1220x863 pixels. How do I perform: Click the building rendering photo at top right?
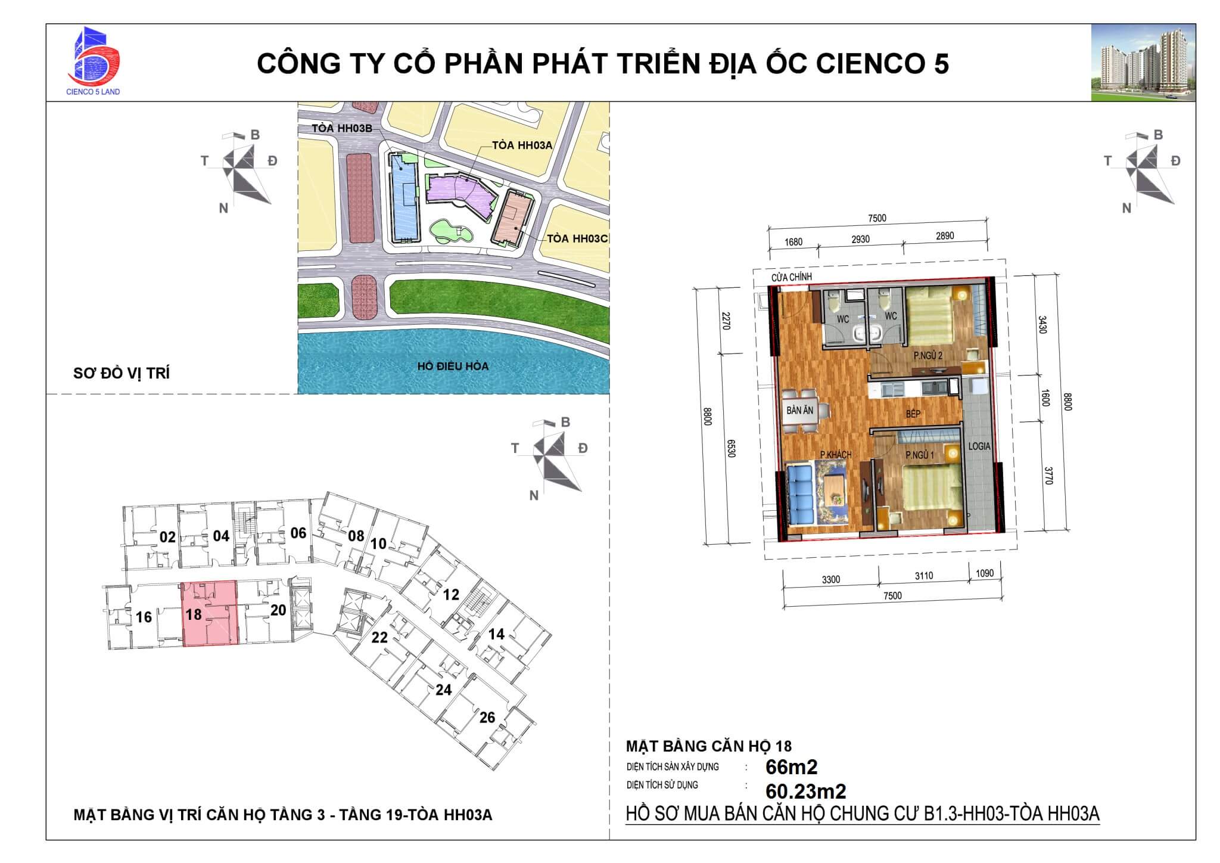point(1143,63)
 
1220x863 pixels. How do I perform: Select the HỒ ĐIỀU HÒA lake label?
point(453,366)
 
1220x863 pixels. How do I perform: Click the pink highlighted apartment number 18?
point(194,613)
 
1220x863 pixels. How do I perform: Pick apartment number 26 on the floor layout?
point(487,717)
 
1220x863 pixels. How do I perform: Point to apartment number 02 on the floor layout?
point(167,537)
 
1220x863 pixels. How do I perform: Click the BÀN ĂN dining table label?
point(799,411)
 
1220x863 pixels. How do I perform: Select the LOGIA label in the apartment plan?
point(979,446)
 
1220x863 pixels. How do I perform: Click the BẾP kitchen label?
point(913,414)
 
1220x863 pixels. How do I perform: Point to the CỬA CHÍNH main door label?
point(792,277)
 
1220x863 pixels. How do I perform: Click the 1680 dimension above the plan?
point(793,242)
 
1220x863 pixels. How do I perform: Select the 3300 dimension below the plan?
point(830,579)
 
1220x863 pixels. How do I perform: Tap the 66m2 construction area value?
point(791,767)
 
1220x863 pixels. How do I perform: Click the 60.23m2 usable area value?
point(805,791)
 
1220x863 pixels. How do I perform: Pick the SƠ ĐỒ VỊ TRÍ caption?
point(122,373)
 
